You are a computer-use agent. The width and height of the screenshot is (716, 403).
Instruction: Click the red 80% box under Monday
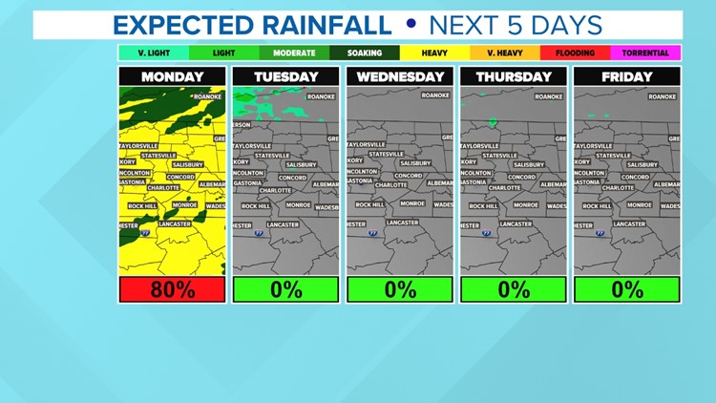pyautogui.click(x=172, y=289)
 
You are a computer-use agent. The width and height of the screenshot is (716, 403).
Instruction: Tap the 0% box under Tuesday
pyautogui.click(x=285, y=289)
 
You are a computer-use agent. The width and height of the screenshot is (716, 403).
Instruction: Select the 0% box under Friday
pyautogui.click(x=627, y=289)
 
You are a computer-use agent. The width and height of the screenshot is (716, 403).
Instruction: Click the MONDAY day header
pyautogui.click(x=172, y=76)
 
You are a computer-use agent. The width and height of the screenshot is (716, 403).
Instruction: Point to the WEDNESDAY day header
pyautogui.click(x=400, y=76)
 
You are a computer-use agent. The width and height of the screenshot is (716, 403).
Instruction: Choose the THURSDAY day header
pyautogui.click(x=514, y=76)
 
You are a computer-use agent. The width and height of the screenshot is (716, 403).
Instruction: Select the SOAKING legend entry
pyautogui.click(x=364, y=53)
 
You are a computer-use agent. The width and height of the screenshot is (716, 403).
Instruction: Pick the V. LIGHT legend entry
pyautogui.click(x=153, y=53)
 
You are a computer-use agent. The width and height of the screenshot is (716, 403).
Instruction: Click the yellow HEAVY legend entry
pyautogui.click(x=434, y=53)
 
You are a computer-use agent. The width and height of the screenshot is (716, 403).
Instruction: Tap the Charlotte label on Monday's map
pyautogui.click(x=163, y=188)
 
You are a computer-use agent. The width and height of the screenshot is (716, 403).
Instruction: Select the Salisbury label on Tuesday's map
pyautogui.click(x=301, y=164)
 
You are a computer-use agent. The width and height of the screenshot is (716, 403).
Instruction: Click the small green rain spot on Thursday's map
pyautogui.click(x=494, y=122)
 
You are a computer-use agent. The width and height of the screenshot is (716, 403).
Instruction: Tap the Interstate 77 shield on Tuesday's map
pyautogui.click(x=260, y=232)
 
